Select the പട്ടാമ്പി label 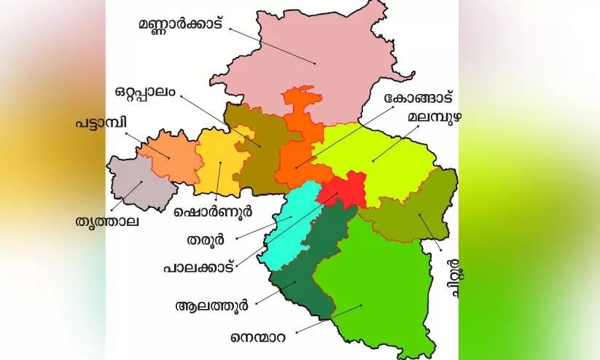pos(96,123)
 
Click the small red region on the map pos(341,189)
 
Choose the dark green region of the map pos(306,270)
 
